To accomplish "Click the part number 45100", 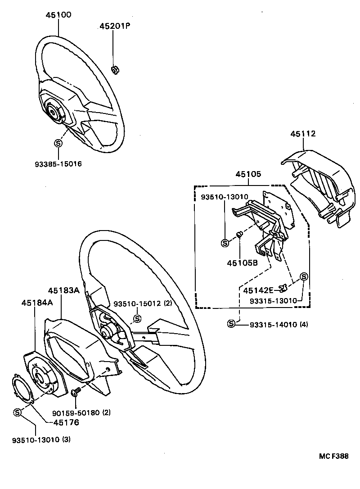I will point(58,15).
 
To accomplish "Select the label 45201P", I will point(115,27).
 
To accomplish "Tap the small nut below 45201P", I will point(114,69).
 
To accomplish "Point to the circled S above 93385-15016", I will point(58,143).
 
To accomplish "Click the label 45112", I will point(303,134).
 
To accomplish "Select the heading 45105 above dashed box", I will point(248,174).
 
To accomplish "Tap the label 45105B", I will point(242,263).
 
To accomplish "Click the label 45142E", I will point(258,290).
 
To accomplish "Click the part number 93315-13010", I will point(274,300).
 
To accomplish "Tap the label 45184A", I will point(37,303).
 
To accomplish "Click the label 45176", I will point(66,422).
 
